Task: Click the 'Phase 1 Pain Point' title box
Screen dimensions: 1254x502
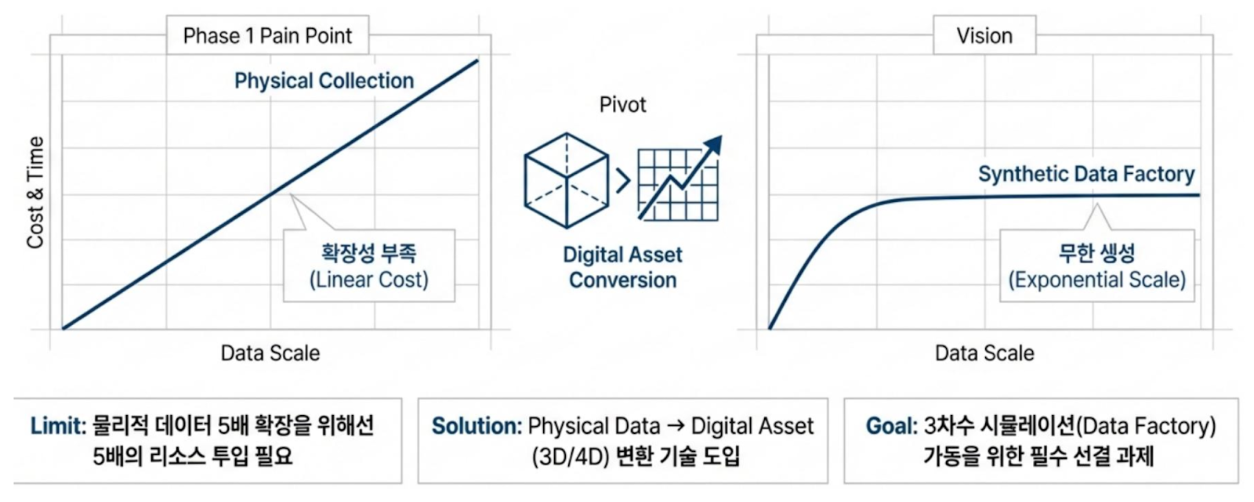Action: (x=267, y=35)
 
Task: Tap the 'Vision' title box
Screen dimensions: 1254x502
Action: (x=984, y=35)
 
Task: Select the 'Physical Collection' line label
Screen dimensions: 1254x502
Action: (x=324, y=81)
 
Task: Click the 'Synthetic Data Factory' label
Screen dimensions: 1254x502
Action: (x=1086, y=174)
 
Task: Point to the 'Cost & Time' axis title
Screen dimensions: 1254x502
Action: (x=35, y=192)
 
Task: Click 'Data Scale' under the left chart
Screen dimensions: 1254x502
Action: (x=270, y=353)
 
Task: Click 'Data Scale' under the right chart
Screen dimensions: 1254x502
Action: (x=984, y=353)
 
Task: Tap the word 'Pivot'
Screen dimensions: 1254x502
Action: (x=622, y=105)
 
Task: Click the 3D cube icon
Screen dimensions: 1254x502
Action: (x=567, y=180)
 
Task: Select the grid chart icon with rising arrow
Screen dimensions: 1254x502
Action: (x=680, y=178)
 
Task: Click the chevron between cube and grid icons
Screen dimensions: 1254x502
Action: (x=623, y=180)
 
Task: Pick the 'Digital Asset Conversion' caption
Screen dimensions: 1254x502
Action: (x=622, y=268)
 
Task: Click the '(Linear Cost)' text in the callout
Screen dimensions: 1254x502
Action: (x=369, y=280)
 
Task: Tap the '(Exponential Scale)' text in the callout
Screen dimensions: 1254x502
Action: (x=1097, y=280)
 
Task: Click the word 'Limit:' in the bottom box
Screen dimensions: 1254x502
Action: (x=58, y=426)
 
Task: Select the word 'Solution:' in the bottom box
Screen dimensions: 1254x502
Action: (x=477, y=426)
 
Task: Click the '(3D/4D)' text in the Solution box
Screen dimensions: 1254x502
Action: (x=570, y=457)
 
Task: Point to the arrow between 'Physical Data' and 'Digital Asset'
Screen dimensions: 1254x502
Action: (x=676, y=426)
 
